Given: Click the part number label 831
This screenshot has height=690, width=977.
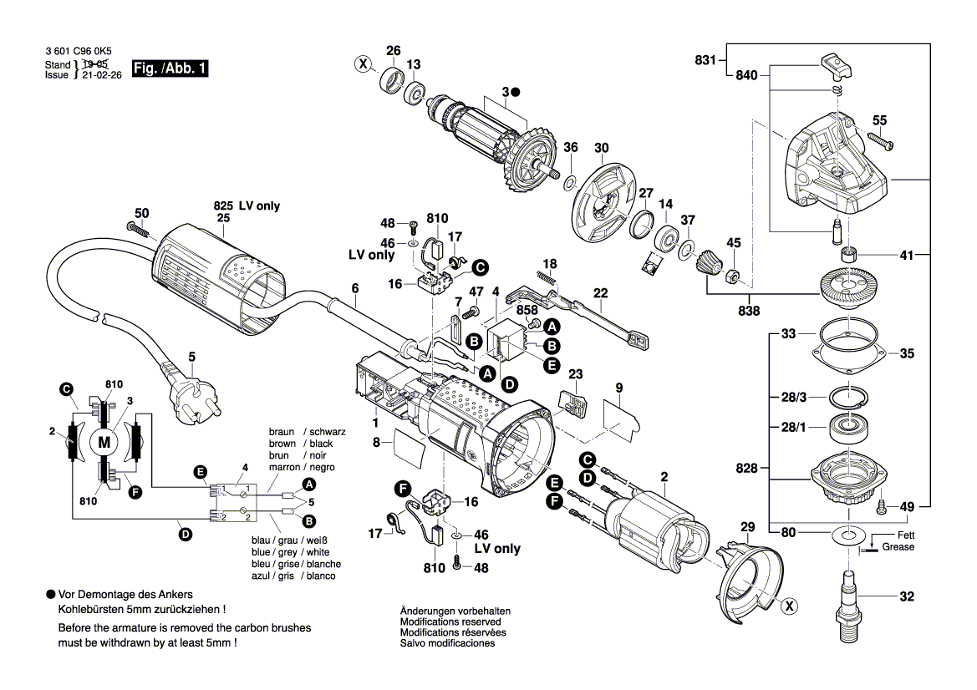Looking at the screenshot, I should [x=705, y=60].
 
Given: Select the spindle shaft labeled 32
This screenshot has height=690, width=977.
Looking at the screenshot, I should [x=848, y=596].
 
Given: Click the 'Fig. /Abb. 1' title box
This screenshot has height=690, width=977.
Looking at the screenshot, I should [x=170, y=69].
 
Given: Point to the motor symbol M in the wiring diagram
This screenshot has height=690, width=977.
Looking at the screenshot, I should [x=104, y=442].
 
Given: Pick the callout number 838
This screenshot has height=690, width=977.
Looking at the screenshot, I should [x=749, y=311].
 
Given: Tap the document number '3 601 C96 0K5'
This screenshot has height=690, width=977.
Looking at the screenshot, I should [x=78, y=51].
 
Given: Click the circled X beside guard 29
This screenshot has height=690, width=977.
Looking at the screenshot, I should [x=787, y=608].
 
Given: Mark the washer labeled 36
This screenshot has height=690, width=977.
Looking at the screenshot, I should [x=569, y=182].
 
